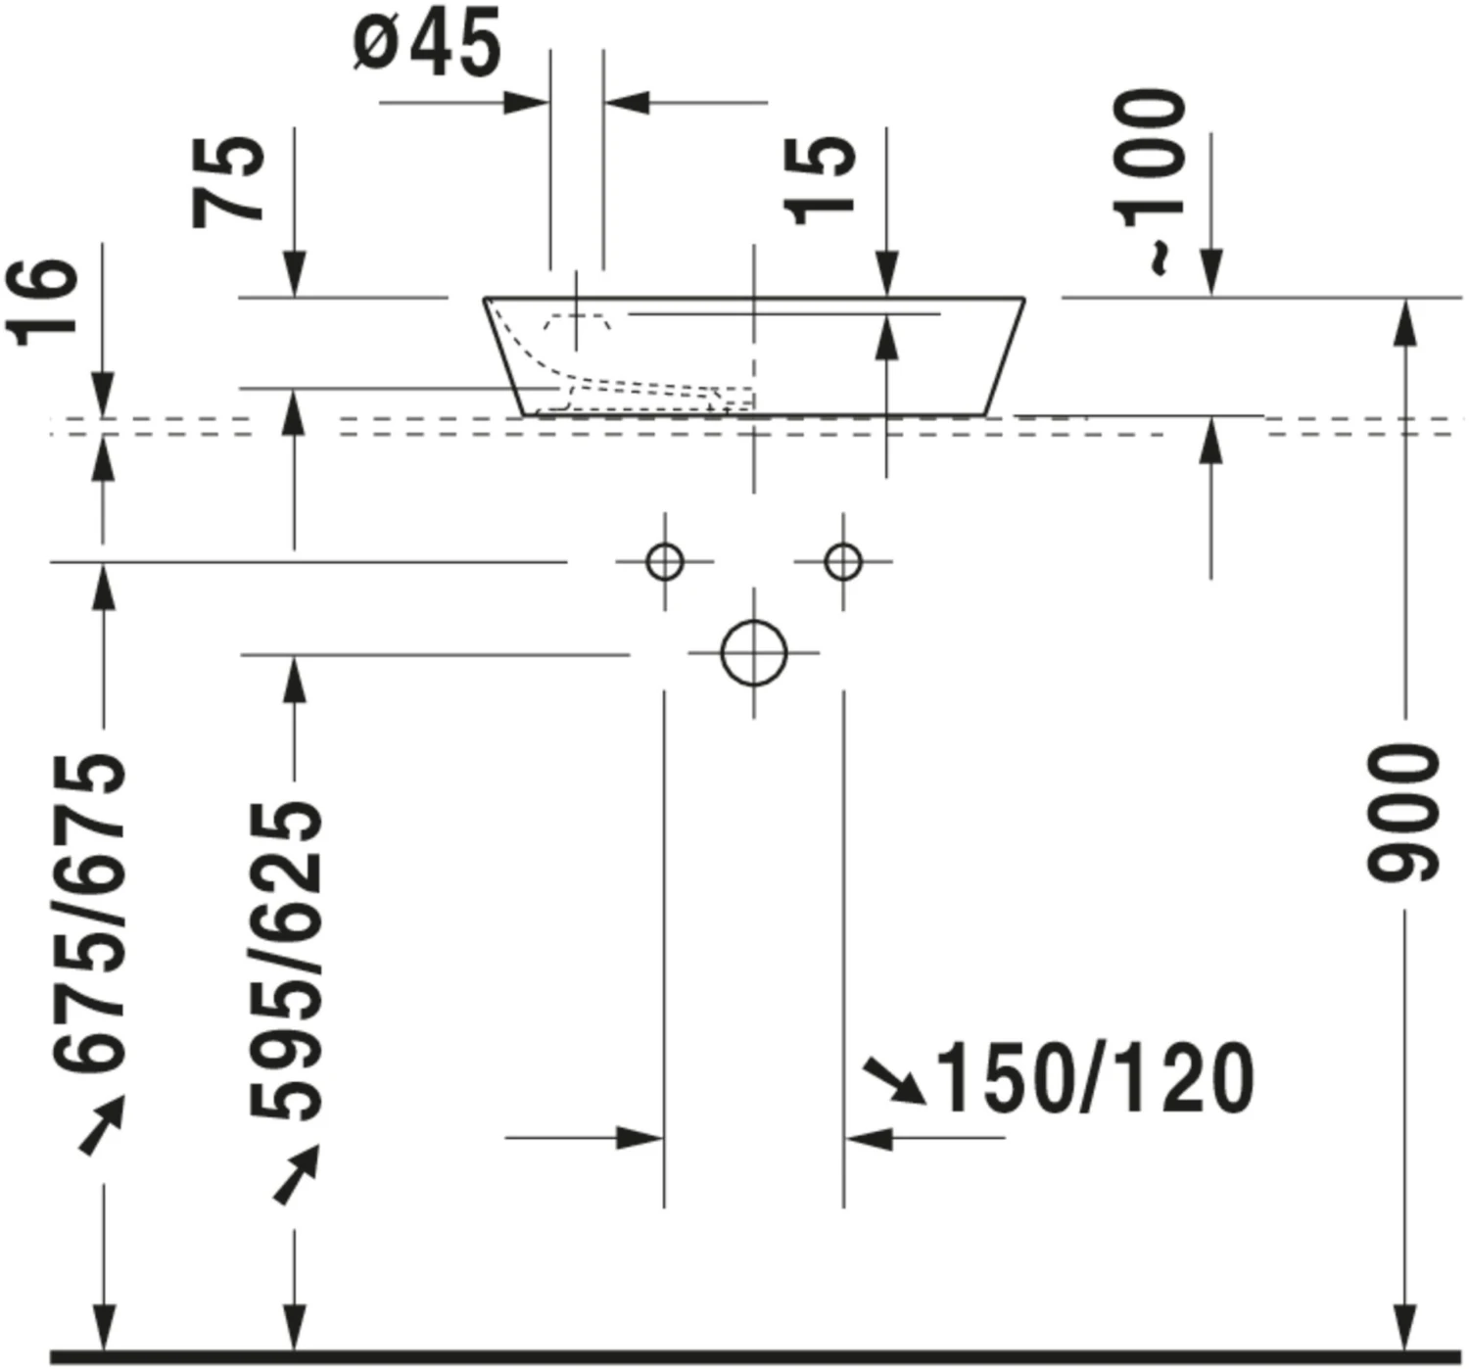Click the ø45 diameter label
click(427, 41)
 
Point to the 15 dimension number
click(820, 179)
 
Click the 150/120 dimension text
click(1095, 1077)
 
